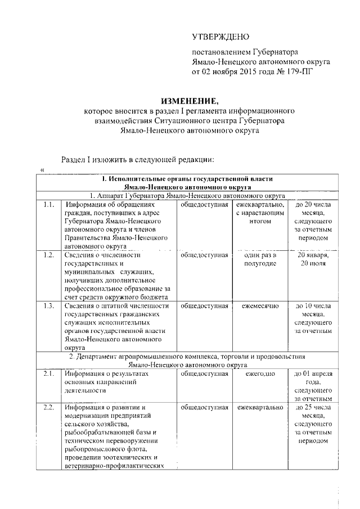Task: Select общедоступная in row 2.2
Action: (x=204, y=407)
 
